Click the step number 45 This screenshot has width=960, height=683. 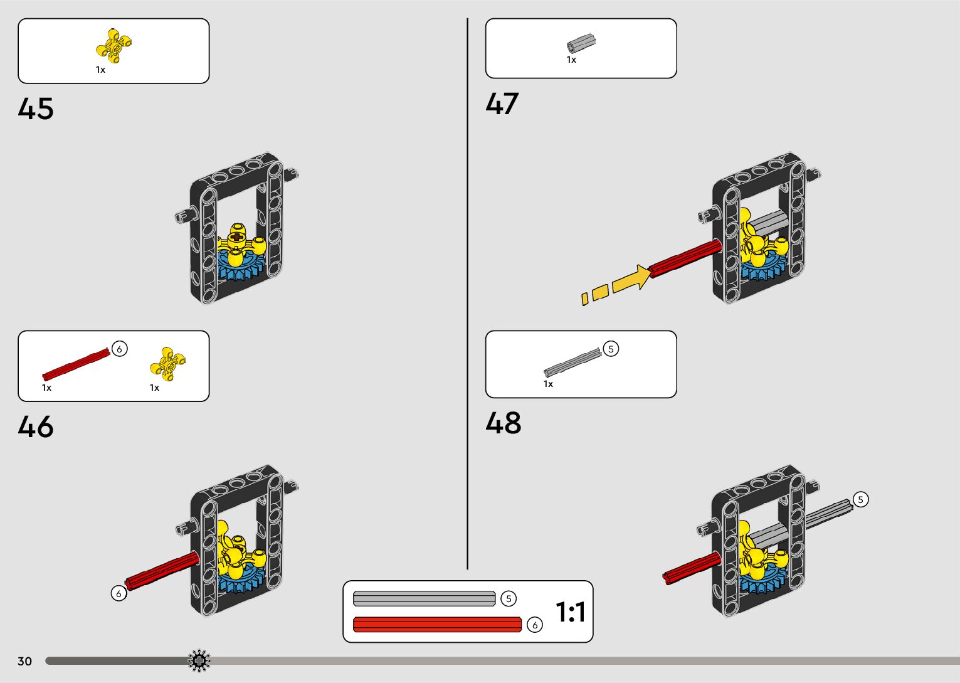[x=36, y=109]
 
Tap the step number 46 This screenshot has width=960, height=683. [x=36, y=427]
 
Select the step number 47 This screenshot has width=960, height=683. [x=502, y=103]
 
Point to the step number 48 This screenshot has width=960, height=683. [x=504, y=423]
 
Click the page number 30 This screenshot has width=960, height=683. [x=24, y=661]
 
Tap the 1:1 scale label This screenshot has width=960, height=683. [x=570, y=612]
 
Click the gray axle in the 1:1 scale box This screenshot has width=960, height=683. [x=424, y=599]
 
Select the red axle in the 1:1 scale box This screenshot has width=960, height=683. [x=437, y=625]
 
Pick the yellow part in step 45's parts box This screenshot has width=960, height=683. [x=114, y=46]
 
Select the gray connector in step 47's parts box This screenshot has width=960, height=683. [x=581, y=43]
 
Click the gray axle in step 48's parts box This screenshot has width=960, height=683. [x=572, y=362]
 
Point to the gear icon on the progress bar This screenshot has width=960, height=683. [x=199, y=660]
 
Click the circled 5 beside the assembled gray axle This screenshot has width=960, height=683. [x=861, y=499]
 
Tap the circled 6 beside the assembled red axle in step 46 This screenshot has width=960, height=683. [x=119, y=593]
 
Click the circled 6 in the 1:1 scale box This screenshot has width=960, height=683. [x=534, y=625]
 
